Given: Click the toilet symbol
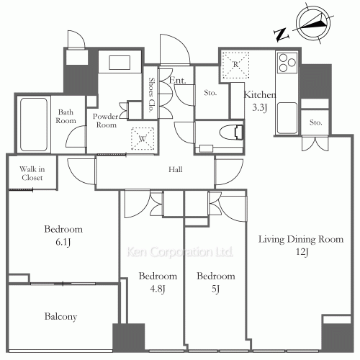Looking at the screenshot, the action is click(232, 132).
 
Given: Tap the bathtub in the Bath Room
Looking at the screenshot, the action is click(34, 125).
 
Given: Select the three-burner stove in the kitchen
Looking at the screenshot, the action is click(287, 63).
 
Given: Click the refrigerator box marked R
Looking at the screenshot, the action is click(235, 65).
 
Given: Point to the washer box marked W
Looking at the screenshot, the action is click(143, 139).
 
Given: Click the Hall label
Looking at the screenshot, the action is click(175, 170).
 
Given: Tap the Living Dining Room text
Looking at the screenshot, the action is click(301, 239).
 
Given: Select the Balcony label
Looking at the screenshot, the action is click(60, 317).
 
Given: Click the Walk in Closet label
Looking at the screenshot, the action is click(32, 174).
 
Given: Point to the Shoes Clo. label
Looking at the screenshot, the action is click(151, 95).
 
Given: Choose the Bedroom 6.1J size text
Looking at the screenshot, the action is click(63, 242).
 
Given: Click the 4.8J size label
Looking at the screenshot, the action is click(158, 289).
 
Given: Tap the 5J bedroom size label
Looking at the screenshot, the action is click(215, 289).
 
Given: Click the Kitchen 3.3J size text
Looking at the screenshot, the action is click(259, 107).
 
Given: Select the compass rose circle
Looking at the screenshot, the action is click(313, 24).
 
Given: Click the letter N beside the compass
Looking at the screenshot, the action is click(282, 35).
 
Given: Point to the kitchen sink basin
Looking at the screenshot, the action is click(287, 118).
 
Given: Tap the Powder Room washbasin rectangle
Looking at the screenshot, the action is click(120, 63).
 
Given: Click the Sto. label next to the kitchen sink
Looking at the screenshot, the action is click(315, 122).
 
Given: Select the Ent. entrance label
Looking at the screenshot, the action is click(178, 81).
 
